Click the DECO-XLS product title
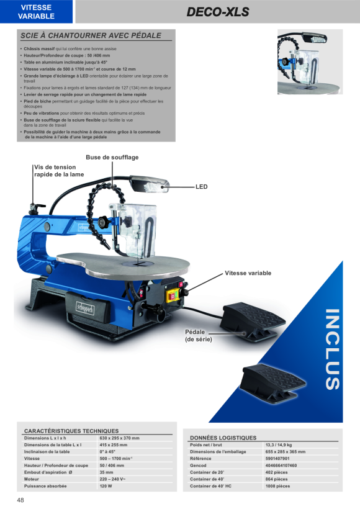coord(218,12)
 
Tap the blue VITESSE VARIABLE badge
coord(36,12)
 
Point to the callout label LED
coord(201,187)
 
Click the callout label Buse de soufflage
coord(112,158)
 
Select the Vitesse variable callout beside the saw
coord(248,273)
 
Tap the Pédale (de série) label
coord(199,336)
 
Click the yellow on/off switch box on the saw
coord(173,295)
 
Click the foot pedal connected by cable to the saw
coord(251,322)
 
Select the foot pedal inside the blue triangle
coord(273,384)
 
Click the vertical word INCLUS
coord(333,349)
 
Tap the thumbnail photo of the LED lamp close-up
coord(310,61)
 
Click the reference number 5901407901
coord(277,458)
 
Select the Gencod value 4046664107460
coord(281,465)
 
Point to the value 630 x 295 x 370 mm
coord(119,438)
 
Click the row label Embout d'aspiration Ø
coord(48,472)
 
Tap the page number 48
coord(20,500)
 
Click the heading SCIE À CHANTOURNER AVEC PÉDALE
coord(91,35)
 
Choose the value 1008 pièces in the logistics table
coord(278,486)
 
